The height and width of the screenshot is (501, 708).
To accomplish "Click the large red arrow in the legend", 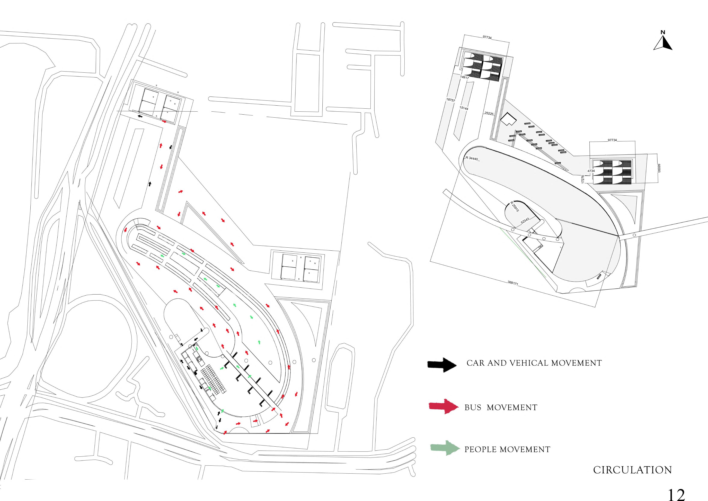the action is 443,407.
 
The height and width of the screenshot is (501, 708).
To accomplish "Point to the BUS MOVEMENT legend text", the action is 501,408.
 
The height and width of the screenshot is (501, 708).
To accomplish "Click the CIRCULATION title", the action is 632,470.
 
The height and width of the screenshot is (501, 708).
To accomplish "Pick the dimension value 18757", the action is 450,100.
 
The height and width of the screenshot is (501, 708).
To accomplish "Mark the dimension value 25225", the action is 489,114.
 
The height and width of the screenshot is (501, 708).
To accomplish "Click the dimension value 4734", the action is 591,170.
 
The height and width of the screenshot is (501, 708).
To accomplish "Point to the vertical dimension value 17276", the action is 583,179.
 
